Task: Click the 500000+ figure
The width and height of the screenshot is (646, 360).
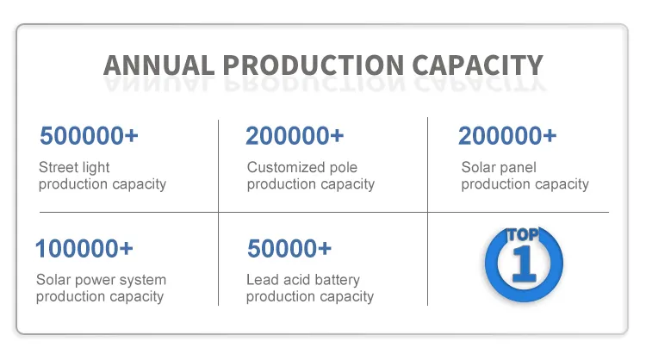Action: [89, 136]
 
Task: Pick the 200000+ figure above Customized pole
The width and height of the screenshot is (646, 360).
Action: [295, 136]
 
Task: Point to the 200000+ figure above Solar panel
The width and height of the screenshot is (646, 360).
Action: [507, 136]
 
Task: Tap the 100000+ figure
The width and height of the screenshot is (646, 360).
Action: [84, 249]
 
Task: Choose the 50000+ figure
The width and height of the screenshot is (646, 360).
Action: [289, 249]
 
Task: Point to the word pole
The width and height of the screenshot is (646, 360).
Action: [340, 167]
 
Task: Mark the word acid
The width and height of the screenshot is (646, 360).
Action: [295, 280]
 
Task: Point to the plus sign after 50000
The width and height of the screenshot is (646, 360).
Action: [323, 250]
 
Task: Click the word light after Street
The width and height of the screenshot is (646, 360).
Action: [96, 167]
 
